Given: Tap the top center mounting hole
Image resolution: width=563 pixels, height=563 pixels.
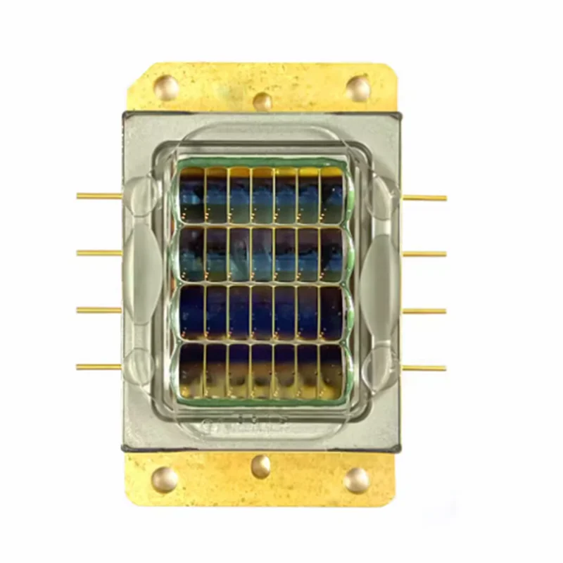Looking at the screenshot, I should click(262, 101).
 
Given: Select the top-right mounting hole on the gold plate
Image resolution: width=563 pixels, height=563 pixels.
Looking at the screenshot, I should click(358, 88).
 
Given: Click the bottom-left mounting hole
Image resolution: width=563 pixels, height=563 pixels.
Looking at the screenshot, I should click(165, 479).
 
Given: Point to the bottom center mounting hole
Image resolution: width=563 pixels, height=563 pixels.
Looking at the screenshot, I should click(261, 465).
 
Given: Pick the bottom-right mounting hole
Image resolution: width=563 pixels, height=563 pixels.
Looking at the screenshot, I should click(357, 479).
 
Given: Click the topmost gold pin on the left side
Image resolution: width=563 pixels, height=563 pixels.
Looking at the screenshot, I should click(99, 196).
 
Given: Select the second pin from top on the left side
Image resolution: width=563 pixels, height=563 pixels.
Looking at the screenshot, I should click(99, 253).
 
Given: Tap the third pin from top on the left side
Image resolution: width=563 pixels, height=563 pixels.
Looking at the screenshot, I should click(99, 310).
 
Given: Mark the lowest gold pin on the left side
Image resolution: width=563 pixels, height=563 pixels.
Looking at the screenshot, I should click(99, 367).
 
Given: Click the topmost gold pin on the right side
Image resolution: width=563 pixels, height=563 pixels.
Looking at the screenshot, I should click(424, 198).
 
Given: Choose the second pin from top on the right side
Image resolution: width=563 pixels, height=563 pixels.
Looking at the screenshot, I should click(424, 253).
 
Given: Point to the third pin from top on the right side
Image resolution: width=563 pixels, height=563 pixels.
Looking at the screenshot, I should click(424, 310).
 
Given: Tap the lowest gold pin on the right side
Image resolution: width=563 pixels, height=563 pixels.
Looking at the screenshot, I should click(424, 367).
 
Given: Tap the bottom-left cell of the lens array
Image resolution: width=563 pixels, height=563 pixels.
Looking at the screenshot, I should click(191, 369).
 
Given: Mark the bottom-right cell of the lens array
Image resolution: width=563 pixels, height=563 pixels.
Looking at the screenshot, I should click(331, 369).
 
